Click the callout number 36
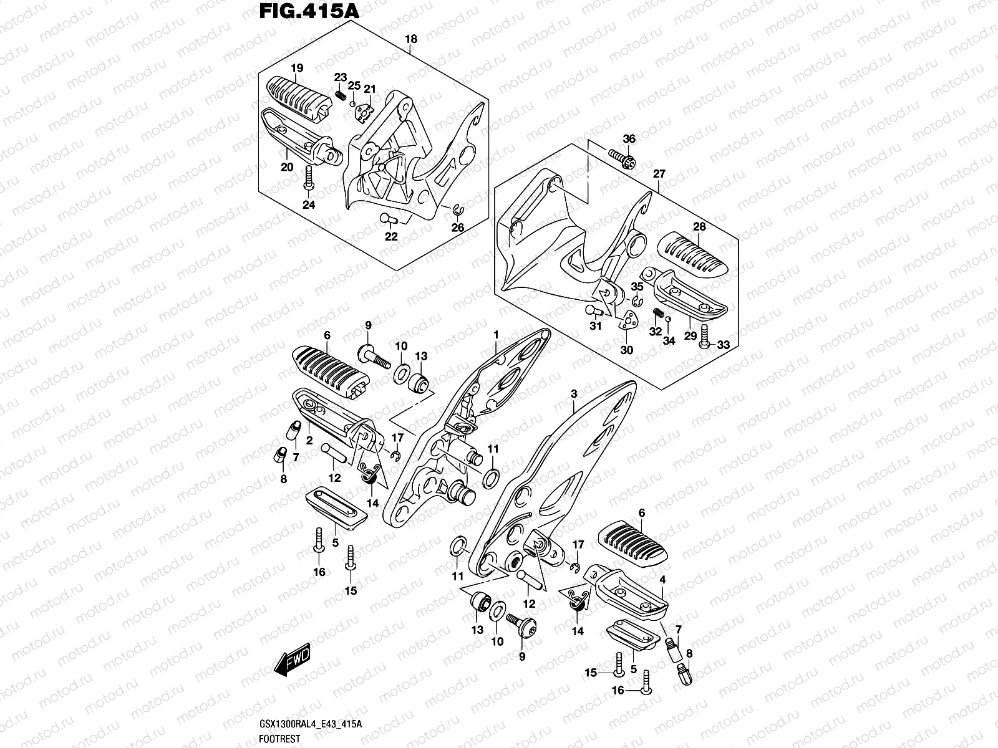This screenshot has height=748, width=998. pyautogui.click(x=629, y=138)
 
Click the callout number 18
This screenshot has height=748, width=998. pyautogui.click(x=410, y=39)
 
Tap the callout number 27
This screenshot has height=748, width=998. pyautogui.click(x=659, y=173)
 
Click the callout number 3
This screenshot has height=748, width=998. pyautogui.click(x=574, y=394)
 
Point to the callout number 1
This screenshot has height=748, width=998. pyautogui.click(x=496, y=335)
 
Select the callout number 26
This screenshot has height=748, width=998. pyautogui.click(x=458, y=228)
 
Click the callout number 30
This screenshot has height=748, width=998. pyautogui.click(x=627, y=350)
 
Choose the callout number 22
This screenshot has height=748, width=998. pyautogui.click(x=391, y=236)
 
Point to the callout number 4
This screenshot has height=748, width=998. pyautogui.click(x=663, y=580)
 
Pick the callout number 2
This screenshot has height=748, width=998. pyautogui.click(x=309, y=440)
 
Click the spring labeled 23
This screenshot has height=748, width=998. pyautogui.click(x=341, y=95)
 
